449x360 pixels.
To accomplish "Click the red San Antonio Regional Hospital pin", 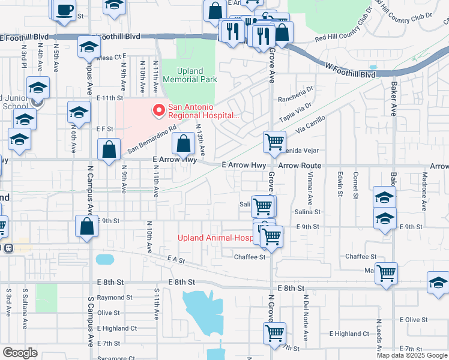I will (159, 110).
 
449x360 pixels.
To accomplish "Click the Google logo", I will (20, 352).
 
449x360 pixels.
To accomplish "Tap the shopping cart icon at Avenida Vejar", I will (274, 142).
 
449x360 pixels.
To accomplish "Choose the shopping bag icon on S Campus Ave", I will (87, 226).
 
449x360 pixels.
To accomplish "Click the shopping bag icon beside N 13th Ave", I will (183, 143).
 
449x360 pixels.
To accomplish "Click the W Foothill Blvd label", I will (351, 70).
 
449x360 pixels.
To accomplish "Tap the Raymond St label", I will (114, 298).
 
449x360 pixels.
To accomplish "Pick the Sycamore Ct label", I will (115, 358).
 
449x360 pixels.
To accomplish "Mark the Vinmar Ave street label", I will (310, 187).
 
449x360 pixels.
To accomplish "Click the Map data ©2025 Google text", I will (412, 355).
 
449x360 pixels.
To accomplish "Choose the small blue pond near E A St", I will (104, 259).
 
